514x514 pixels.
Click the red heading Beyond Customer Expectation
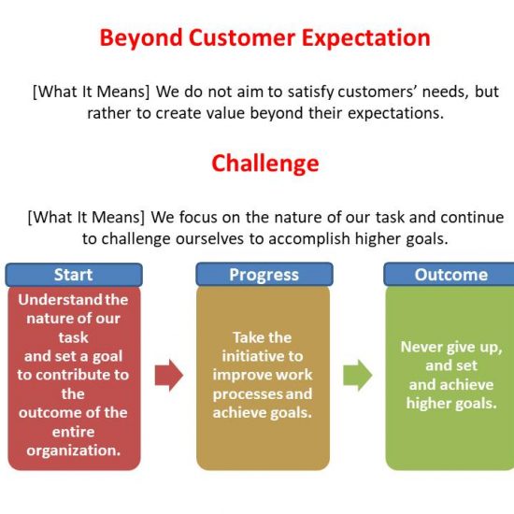(x=264, y=38)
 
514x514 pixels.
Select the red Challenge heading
(x=265, y=164)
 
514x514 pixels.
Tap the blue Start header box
(x=74, y=275)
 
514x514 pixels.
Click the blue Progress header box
(x=264, y=275)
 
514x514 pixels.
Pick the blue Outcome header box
(x=450, y=275)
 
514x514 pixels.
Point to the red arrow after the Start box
(x=169, y=375)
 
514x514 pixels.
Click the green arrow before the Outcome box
(x=358, y=375)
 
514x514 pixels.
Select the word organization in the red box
(x=74, y=450)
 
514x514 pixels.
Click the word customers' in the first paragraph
(x=377, y=92)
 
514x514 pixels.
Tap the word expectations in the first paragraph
(x=395, y=114)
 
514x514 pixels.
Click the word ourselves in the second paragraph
(x=209, y=239)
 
